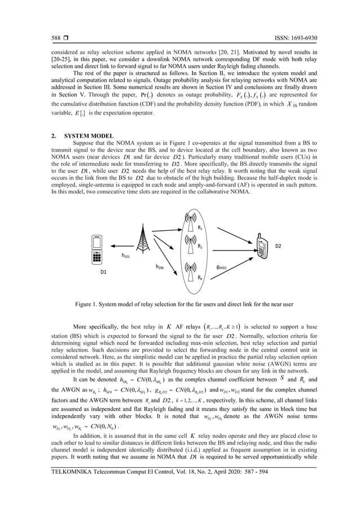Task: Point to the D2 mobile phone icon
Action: [262, 247]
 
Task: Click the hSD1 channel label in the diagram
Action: [126, 256]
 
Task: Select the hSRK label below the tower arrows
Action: [161, 265]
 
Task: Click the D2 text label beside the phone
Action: [293, 246]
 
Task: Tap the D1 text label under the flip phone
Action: [103, 272]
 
